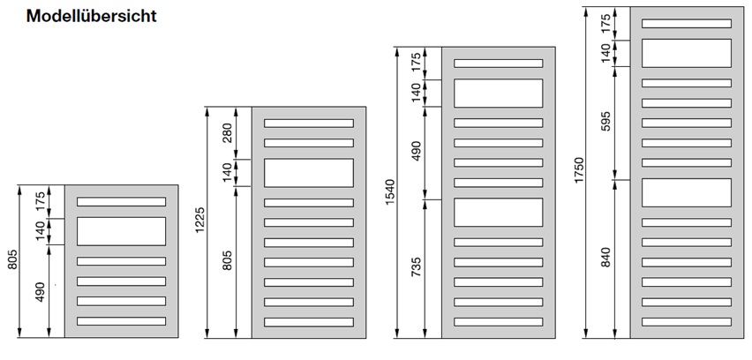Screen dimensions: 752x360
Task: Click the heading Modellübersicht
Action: coord(92,16)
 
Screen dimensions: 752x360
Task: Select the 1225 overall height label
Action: coord(200,221)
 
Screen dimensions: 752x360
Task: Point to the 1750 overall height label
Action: coord(579,169)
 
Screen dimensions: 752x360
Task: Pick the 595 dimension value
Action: coord(605,123)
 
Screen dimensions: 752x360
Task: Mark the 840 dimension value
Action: coord(605,258)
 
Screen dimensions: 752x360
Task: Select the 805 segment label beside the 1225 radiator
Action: coord(228,260)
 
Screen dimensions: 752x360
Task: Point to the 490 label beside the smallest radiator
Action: coord(40,291)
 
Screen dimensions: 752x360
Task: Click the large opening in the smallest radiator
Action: coord(121,231)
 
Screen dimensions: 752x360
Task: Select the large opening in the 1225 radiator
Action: coord(309,173)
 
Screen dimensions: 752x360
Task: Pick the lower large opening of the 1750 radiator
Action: coord(687,192)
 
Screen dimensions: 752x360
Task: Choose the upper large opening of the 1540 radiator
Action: coord(499,93)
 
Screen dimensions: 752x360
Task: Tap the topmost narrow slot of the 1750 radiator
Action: coord(687,24)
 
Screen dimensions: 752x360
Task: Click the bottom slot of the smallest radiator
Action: coord(121,321)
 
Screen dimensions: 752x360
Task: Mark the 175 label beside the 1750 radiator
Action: coord(605,23)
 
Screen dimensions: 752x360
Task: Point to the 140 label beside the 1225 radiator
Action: coord(228,173)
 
